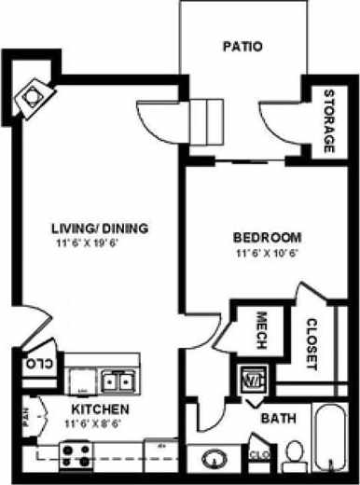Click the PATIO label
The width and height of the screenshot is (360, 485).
tap(243, 46)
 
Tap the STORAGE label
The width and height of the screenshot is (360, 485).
tap(329, 122)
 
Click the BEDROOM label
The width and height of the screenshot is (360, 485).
tap(267, 236)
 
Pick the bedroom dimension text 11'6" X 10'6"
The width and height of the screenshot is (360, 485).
tap(267, 252)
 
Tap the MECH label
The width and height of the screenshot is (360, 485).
tap(261, 329)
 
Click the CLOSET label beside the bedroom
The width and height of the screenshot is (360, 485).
tap(312, 345)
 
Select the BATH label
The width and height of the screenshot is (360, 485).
tap(278, 419)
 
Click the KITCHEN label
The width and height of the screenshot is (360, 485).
tap(100, 409)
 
